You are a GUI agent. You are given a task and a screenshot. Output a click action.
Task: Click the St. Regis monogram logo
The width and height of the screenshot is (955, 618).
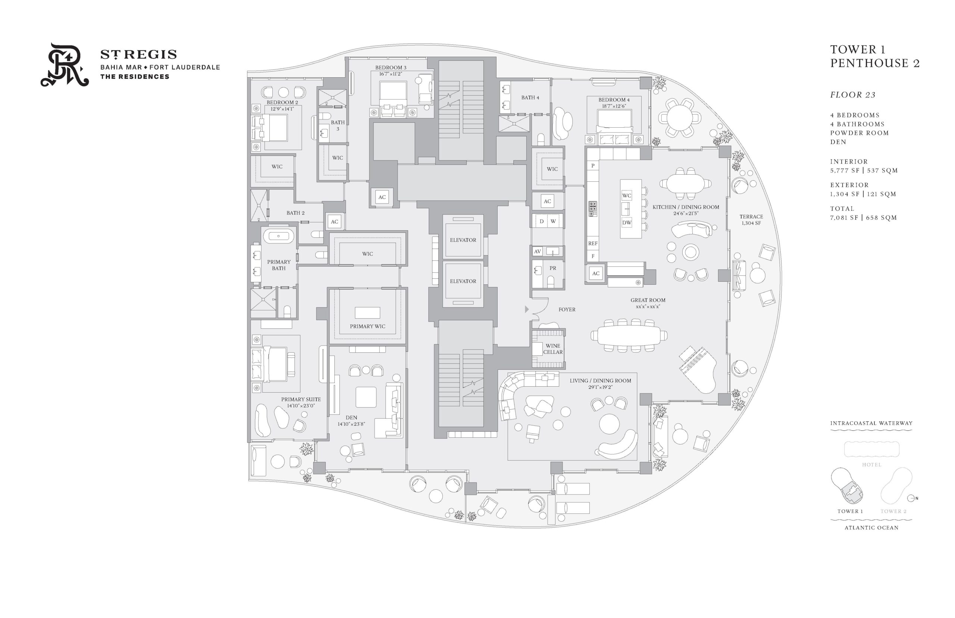(64, 65)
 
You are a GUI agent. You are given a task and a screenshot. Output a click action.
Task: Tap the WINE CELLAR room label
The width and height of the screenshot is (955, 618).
(552, 349)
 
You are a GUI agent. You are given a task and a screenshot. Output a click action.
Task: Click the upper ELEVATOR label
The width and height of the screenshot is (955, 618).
(463, 240)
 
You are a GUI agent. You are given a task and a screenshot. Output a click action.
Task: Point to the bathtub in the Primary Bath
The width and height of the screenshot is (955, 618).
(278, 236)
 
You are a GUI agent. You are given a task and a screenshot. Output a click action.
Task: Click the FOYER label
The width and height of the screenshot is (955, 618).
(567, 309)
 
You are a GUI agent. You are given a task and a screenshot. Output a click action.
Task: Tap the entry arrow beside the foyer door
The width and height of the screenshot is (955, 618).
(527, 309)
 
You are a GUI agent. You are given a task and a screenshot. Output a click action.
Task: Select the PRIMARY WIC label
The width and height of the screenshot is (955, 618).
(367, 326)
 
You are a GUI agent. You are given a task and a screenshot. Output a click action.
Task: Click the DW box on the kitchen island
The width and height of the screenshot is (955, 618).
(626, 223)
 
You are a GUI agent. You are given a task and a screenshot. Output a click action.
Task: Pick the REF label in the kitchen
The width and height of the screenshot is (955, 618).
(592, 243)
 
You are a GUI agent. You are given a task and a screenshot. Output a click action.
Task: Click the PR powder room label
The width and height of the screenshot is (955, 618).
(553, 268)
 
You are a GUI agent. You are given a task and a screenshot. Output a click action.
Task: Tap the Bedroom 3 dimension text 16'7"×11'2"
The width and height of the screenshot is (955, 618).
(391, 74)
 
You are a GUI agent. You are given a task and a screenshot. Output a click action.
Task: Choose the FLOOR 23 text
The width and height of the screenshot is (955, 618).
(853, 95)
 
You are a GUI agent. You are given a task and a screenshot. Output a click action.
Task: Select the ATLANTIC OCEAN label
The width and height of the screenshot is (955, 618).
(871, 528)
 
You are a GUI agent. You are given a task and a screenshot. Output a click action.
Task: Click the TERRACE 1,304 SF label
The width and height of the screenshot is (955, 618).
(751, 219)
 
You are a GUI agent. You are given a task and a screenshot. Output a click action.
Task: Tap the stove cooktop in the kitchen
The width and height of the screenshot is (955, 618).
(592, 209)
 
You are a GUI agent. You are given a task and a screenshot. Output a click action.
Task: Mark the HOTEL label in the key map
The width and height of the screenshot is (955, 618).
(871, 465)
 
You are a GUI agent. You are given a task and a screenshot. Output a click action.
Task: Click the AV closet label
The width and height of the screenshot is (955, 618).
(538, 251)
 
